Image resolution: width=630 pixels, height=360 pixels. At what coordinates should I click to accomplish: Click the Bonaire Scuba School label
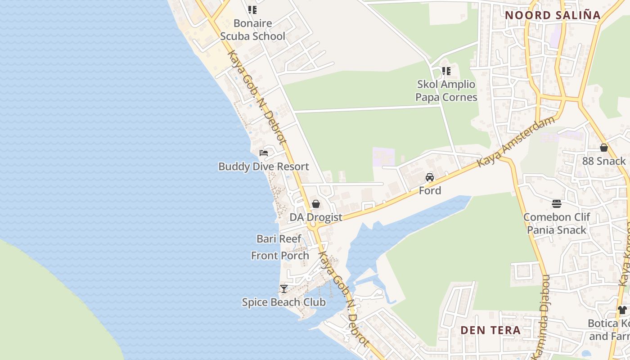(x=252, y=30)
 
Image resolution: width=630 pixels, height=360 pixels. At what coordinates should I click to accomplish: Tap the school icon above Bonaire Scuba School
(x=252, y=9)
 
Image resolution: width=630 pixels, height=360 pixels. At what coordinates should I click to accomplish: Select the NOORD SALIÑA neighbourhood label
(x=553, y=15)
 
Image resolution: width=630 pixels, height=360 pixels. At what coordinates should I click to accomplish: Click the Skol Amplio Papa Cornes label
(x=446, y=90)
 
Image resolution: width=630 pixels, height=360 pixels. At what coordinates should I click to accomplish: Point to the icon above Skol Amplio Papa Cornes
(x=446, y=71)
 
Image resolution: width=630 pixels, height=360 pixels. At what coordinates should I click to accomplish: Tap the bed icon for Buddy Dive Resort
(x=264, y=153)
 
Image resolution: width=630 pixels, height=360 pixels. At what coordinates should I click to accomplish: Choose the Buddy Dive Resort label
(x=264, y=166)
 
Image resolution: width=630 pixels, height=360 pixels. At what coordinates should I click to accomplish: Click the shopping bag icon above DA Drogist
(x=316, y=204)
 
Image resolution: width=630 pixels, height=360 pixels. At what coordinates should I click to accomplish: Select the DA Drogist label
(x=316, y=217)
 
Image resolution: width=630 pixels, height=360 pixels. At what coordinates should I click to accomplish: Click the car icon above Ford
(x=430, y=177)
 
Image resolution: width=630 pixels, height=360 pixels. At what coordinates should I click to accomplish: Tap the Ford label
(x=430, y=191)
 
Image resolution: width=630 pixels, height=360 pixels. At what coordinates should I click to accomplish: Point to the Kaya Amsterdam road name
(x=516, y=141)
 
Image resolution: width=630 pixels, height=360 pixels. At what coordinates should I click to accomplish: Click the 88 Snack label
(x=604, y=161)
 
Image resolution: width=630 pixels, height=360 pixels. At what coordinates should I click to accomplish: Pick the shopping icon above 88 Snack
(x=604, y=148)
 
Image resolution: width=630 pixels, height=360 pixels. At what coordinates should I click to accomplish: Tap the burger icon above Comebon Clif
(x=557, y=204)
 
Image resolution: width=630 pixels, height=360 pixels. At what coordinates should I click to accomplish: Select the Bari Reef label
(x=279, y=238)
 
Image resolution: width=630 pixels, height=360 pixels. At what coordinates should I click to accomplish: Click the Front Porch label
(x=280, y=256)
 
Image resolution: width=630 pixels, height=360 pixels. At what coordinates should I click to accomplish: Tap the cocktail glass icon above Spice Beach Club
(x=283, y=288)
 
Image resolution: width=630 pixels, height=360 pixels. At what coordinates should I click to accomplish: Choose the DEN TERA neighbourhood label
(x=490, y=330)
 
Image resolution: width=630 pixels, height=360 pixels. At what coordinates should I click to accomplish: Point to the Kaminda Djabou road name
(x=541, y=317)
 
